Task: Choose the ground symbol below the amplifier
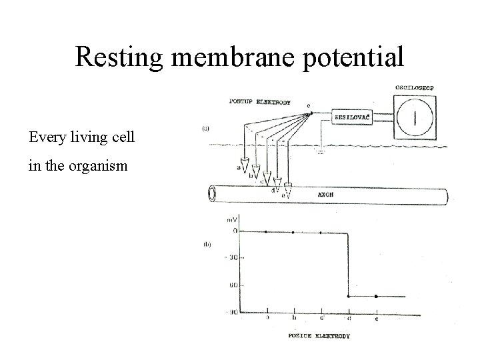point(321,151)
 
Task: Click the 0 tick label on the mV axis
point(234,231)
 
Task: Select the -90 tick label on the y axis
point(231,311)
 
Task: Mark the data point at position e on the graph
point(376,296)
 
